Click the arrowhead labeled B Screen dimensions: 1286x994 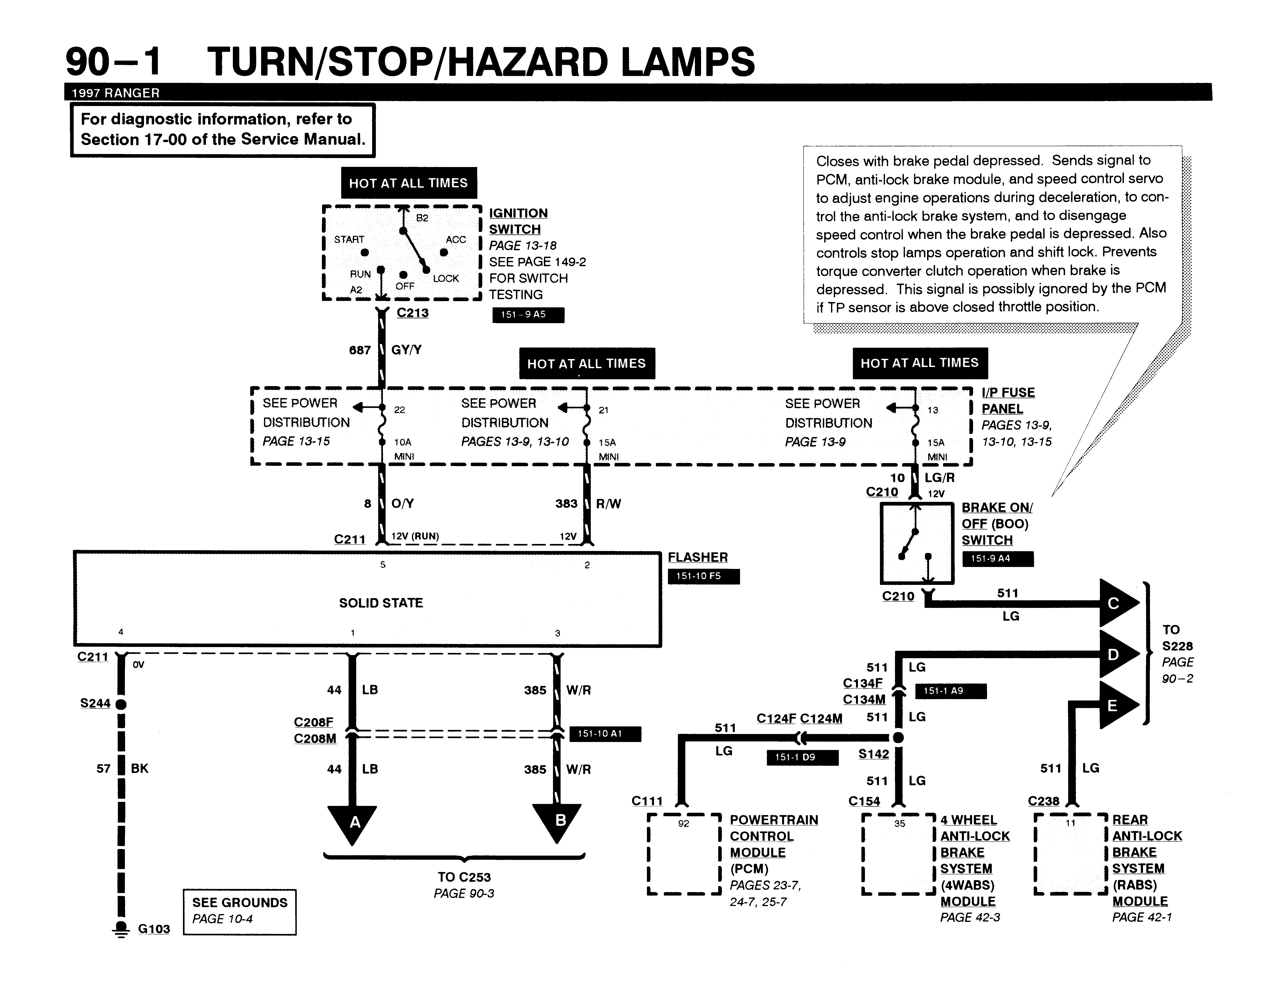click(x=557, y=823)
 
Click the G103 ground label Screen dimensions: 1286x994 click(x=154, y=929)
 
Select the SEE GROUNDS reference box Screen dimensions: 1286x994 click(x=240, y=912)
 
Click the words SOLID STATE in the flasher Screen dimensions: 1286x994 click(x=381, y=603)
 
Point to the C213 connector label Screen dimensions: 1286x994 click(x=412, y=313)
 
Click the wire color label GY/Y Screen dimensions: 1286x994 click(x=406, y=350)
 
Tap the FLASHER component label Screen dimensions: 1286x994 click(x=698, y=557)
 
